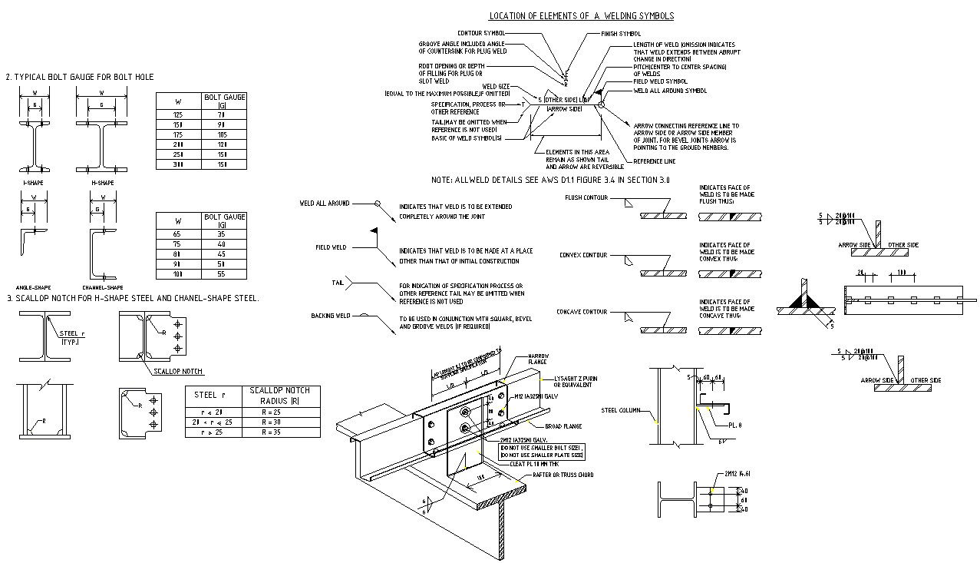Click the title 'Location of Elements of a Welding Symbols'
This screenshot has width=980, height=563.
581,16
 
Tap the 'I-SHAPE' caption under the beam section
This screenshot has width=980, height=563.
32,183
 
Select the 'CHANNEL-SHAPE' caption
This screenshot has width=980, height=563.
103,287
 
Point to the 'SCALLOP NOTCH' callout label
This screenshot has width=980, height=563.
178,371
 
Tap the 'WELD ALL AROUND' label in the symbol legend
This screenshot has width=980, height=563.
324,204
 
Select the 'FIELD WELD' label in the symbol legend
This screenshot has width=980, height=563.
331,247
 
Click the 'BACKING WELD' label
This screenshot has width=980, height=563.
330,316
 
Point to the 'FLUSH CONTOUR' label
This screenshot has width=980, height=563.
586,198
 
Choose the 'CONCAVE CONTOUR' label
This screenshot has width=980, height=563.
581,312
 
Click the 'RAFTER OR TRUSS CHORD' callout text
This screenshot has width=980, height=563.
563,475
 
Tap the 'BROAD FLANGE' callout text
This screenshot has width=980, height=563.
563,426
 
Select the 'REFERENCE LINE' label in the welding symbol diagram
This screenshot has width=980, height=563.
654,161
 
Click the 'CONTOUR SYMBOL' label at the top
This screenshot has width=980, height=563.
481,33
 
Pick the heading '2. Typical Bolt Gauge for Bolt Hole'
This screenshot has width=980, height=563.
80,77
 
